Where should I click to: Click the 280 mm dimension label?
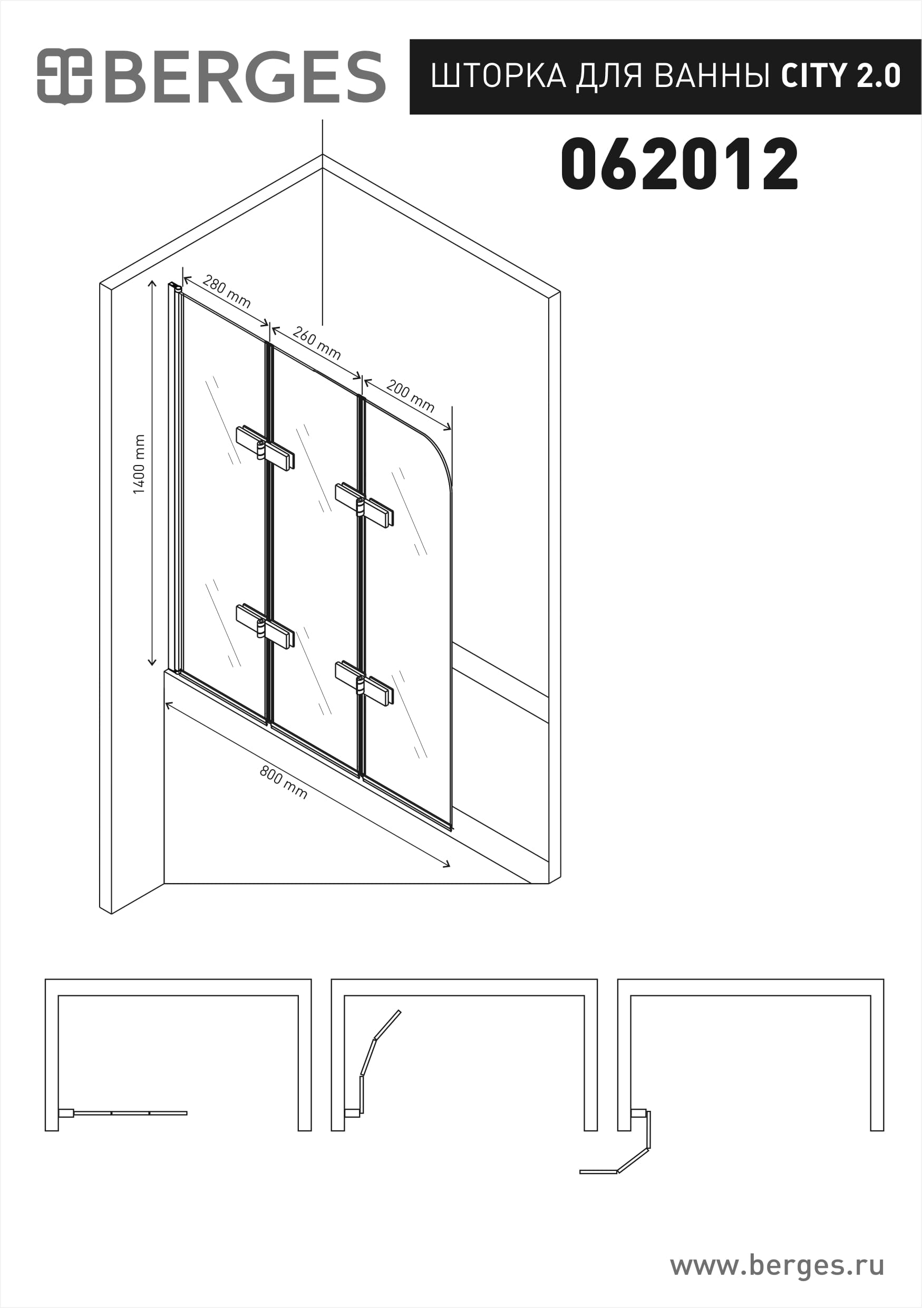pyautogui.click(x=227, y=292)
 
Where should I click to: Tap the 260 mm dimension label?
pyautogui.click(x=317, y=343)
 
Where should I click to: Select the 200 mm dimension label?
pyautogui.click(x=410, y=395)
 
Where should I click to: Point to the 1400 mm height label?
pyautogui.click(x=139, y=464)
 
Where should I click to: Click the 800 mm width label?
pyautogui.click(x=284, y=782)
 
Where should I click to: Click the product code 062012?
pyautogui.click(x=680, y=164)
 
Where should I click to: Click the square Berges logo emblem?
pyautogui.click(x=64, y=76)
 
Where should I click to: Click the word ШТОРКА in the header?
pyautogui.click(x=498, y=76)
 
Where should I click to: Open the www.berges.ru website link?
pyautogui.click(x=777, y=1266)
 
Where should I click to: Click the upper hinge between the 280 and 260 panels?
pyautogui.click(x=265, y=448)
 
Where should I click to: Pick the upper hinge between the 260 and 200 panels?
pyautogui.click(x=364, y=505)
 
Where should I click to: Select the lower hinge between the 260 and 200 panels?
pyautogui.click(x=364, y=683)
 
